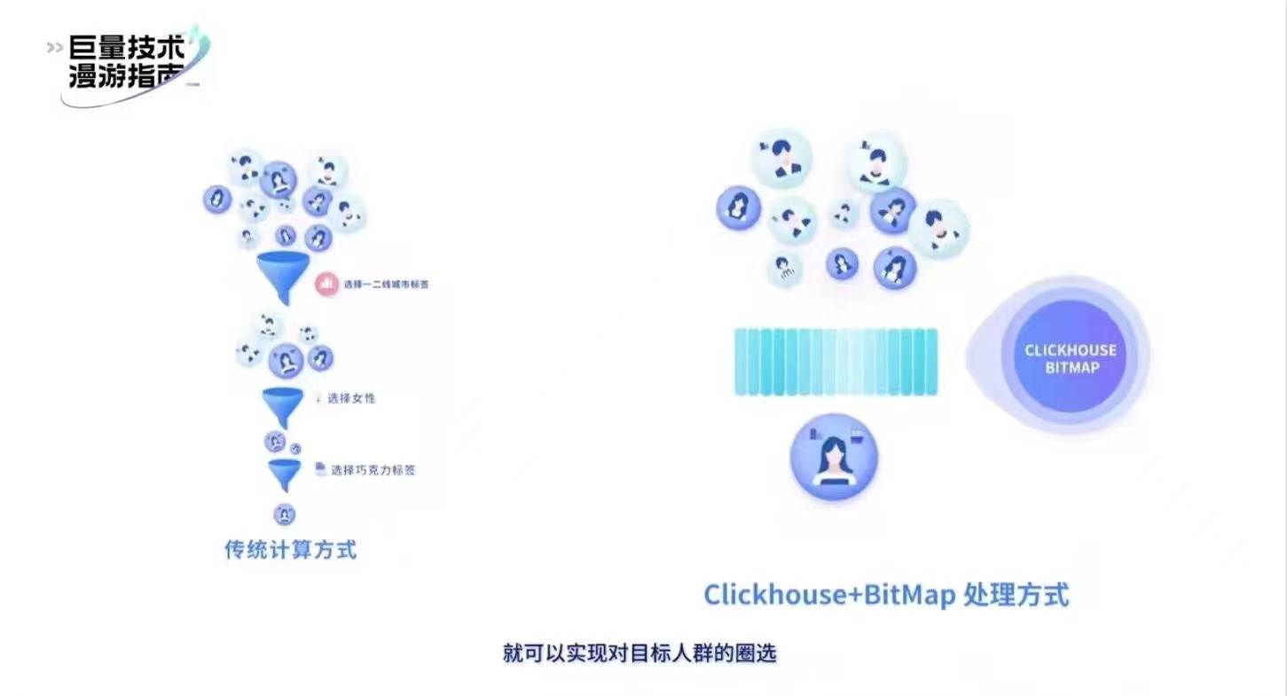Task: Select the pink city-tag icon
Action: pyautogui.click(x=327, y=284)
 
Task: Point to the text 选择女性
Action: pyautogui.click(x=351, y=398)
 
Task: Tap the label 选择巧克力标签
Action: pyautogui.click(x=373, y=470)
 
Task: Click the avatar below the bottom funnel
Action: pyautogui.click(x=285, y=514)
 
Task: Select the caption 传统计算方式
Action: pyautogui.click(x=291, y=550)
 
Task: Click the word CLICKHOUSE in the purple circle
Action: pyautogui.click(x=1071, y=350)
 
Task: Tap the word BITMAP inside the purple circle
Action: pyautogui.click(x=1071, y=367)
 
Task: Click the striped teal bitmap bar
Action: pyautogui.click(x=836, y=362)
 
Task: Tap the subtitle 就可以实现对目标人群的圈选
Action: pyautogui.click(x=640, y=654)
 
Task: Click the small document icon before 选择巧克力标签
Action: pyautogui.click(x=320, y=469)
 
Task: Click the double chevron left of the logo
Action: pyautogui.click(x=55, y=47)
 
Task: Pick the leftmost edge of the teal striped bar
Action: pyautogui.click(x=739, y=362)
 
